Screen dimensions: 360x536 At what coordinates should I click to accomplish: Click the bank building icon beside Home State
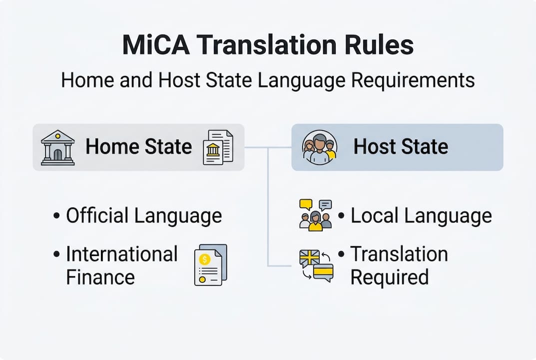tap(57, 147)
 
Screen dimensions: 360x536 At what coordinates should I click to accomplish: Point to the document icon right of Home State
tap(218, 147)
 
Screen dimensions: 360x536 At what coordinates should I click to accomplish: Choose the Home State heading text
tap(138, 147)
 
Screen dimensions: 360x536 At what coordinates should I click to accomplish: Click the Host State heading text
tap(401, 147)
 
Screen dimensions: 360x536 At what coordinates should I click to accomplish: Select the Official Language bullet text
tap(144, 216)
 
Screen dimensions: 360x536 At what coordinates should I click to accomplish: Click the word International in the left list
tap(122, 254)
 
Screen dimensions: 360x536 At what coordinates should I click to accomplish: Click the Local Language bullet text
tap(421, 216)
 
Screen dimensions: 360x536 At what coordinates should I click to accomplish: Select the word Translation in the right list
tap(399, 254)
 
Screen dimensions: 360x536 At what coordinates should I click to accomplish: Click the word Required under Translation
tap(389, 277)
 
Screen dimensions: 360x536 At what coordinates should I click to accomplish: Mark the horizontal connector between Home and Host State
tap(268, 147)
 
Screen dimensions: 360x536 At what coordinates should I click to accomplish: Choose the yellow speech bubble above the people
tap(306, 204)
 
